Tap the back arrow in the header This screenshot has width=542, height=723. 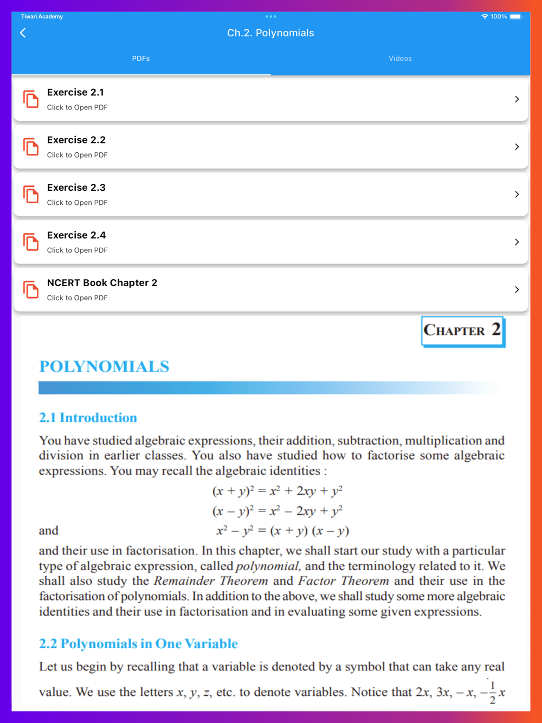click(x=23, y=33)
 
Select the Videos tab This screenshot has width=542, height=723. click(x=400, y=59)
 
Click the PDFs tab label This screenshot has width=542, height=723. click(x=141, y=59)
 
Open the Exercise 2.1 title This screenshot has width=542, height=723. click(x=75, y=93)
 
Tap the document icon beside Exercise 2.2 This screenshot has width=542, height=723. click(x=31, y=147)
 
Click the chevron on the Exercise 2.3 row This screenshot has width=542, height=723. click(x=517, y=195)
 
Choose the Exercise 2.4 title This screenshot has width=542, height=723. click(x=76, y=235)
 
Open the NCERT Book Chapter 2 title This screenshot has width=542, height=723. click(x=102, y=283)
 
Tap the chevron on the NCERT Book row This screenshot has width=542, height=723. click(x=517, y=290)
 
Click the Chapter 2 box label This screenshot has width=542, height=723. click(x=462, y=331)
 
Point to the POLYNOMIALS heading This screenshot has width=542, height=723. click(x=104, y=367)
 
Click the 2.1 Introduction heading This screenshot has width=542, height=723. click(x=88, y=418)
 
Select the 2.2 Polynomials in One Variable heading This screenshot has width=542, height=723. click(x=138, y=644)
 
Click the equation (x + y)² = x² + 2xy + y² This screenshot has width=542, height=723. click(x=277, y=491)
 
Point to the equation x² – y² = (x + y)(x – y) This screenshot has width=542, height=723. click(x=282, y=531)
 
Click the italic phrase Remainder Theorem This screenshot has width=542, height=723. click(x=211, y=581)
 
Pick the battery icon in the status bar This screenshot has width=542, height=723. click(x=515, y=17)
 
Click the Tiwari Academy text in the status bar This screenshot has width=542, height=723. click(x=42, y=17)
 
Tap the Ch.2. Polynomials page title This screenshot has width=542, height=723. click(x=270, y=33)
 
